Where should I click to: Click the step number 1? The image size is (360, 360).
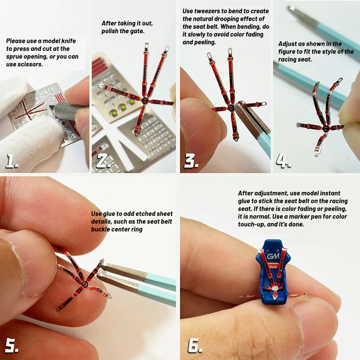[12, 160]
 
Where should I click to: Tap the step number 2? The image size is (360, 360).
[104, 160]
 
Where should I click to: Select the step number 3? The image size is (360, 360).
[192, 160]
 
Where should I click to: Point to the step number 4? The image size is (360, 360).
[284, 160]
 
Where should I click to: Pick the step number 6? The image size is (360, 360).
[195, 345]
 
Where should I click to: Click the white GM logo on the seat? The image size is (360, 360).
[273, 256]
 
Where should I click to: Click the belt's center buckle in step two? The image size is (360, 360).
[145, 100]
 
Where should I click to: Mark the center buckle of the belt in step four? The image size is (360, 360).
[325, 128]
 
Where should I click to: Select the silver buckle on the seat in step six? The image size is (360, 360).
[275, 288]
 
